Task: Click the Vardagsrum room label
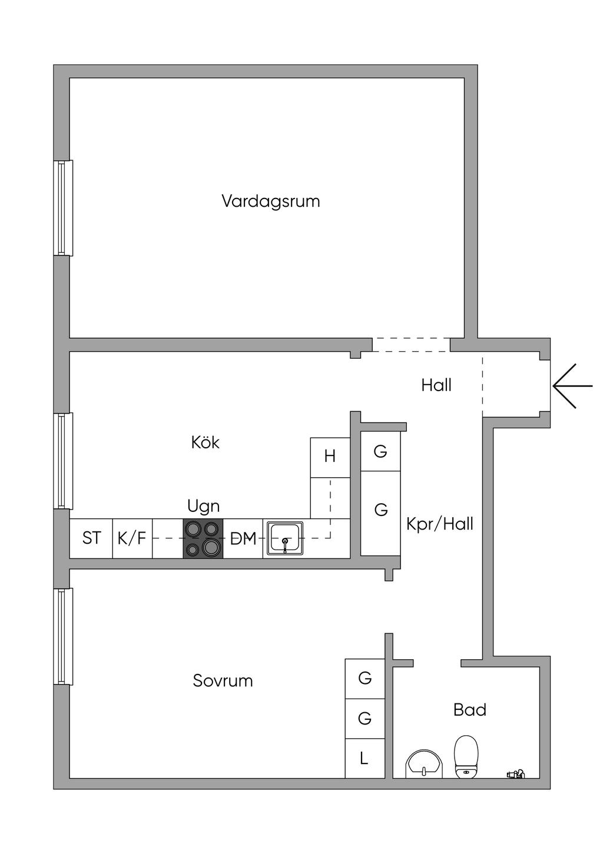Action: pyautogui.click(x=271, y=201)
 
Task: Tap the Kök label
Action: pyautogui.click(x=205, y=442)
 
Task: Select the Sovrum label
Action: pyautogui.click(x=223, y=680)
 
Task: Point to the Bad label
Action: pyautogui.click(x=469, y=709)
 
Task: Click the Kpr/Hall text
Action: pyautogui.click(x=439, y=524)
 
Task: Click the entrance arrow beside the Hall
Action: pyautogui.click(x=572, y=386)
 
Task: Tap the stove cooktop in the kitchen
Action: pyautogui.click(x=203, y=538)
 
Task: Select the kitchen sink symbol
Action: pyautogui.click(x=285, y=538)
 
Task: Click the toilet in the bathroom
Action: pyautogui.click(x=466, y=756)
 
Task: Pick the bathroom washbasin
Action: pyautogui.click(x=424, y=764)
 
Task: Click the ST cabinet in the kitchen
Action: pyautogui.click(x=91, y=538)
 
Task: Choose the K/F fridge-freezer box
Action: pyautogui.click(x=132, y=538)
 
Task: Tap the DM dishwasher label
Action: pyautogui.click(x=243, y=538)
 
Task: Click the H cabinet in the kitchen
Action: pyautogui.click(x=330, y=456)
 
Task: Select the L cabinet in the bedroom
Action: pyautogui.click(x=365, y=758)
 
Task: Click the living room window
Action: pyautogui.click(x=63, y=207)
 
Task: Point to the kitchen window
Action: pyautogui.click(x=63, y=461)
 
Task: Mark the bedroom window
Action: pyautogui.click(x=63, y=636)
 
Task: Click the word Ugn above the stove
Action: pyautogui.click(x=203, y=506)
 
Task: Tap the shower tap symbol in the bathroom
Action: pyautogui.click(x=516, y=774)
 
